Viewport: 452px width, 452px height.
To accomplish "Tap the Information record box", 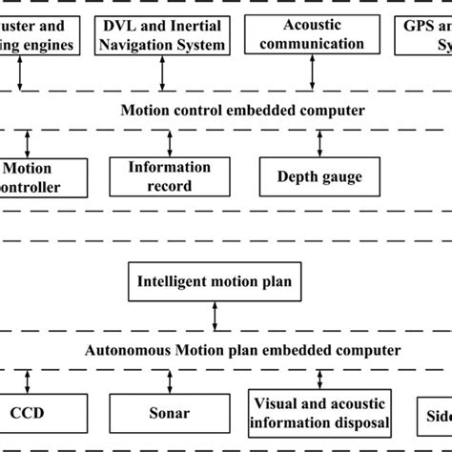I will pyautogui.click(x=170, y=175).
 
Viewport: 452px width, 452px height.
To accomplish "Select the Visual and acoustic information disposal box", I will pyautogui.click(x=319, y=410).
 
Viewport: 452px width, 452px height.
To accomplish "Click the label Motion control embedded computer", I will pyautogui.click(x=242, y=111).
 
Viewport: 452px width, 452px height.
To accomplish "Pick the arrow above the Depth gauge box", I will pyautogui.click(x=320, y=143).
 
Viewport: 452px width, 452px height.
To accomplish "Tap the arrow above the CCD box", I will pyautogui.click(x=29, y=381).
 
